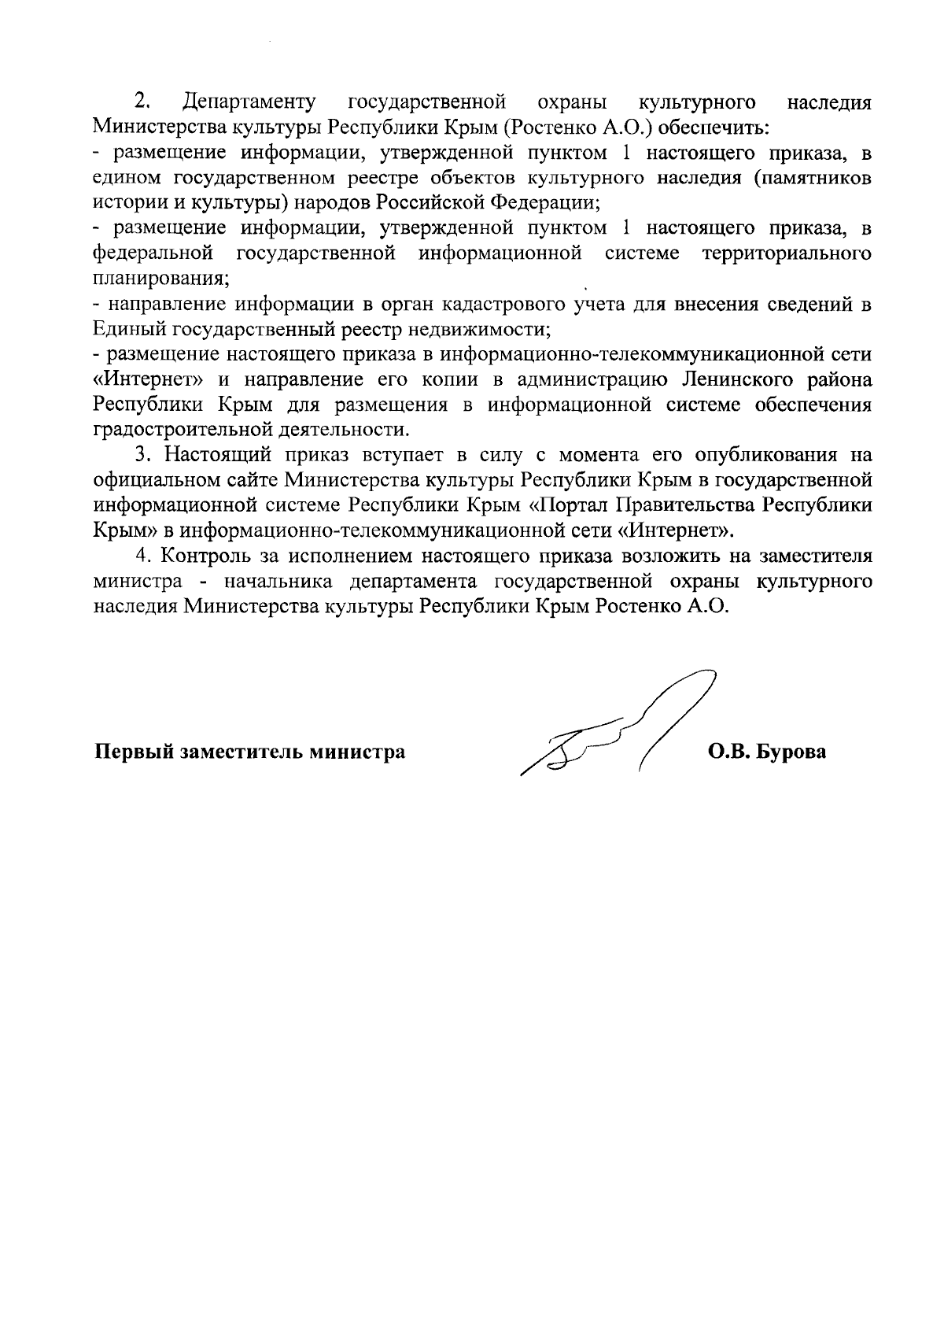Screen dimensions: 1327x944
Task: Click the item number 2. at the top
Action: pyautogui.click(x=142, y=102)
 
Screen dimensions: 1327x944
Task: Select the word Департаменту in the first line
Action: pyautogui.click(x=249, y=102)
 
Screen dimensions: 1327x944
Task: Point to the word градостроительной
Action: pyautogui.click(x=179, y=430)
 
